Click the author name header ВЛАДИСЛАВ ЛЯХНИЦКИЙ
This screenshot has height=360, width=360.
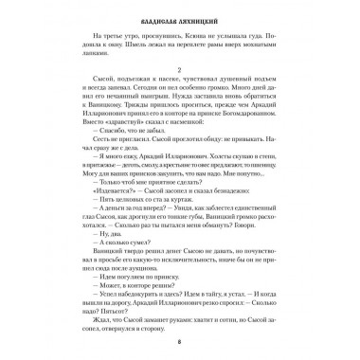point(180,17)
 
